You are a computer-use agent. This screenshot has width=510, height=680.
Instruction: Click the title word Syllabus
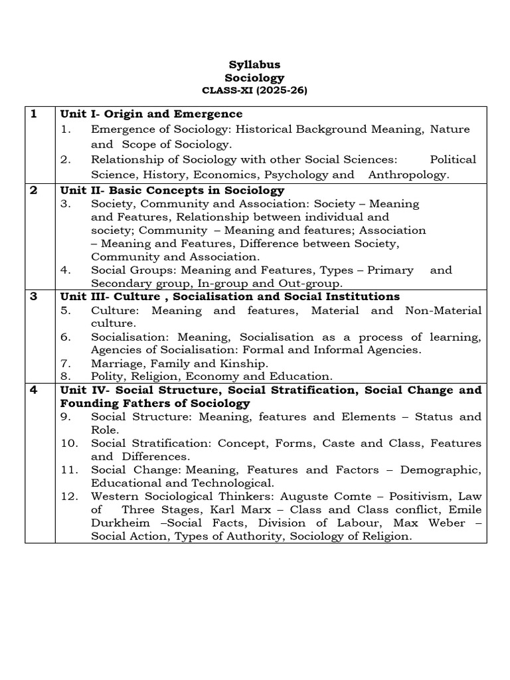point(254,64)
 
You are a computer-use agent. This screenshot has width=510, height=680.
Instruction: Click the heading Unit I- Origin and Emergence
point(151,114)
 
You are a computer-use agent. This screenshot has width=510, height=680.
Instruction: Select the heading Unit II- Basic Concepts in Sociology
point(172,190)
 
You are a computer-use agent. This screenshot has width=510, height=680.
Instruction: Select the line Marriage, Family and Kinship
point(179,363)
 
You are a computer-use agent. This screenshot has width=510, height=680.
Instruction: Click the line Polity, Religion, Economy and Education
point(211,376)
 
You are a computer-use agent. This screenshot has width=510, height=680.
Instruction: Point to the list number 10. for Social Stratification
point(68,443)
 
